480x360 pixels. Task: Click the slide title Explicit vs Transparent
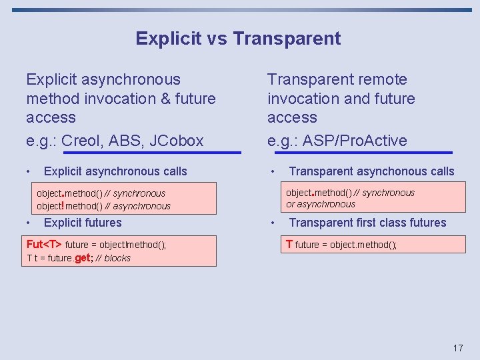(x=238, y=39)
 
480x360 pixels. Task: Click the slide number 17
(x=457, y=348)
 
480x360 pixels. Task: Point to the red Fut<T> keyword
(x=44, y=245)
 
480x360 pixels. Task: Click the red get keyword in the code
(x=83, y=258)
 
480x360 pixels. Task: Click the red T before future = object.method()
(x=289, y=244)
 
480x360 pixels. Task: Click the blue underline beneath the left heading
(x=133, y=153)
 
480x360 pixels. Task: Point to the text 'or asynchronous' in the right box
(x=321, y=205)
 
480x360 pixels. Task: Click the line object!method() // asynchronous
(x=103, y=206)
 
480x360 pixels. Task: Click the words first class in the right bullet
(x=377, y=223)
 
